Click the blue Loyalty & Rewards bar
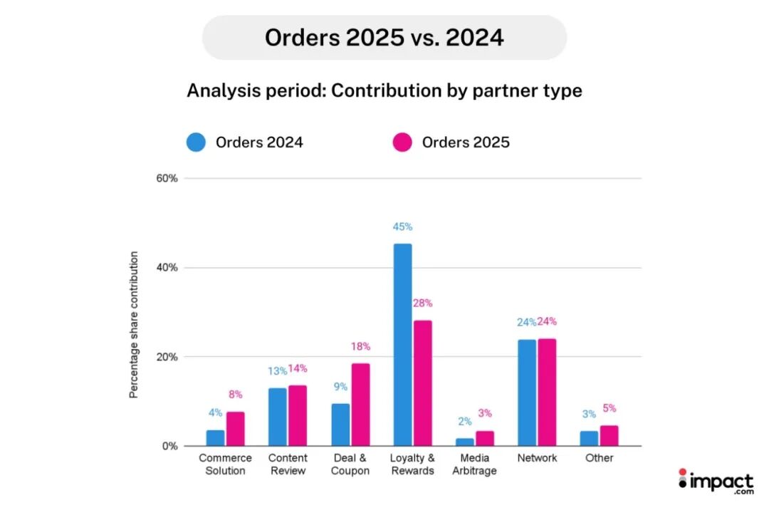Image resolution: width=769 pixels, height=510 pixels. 402,345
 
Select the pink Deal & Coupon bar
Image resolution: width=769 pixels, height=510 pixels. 360,405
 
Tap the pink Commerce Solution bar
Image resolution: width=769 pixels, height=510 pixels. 236,429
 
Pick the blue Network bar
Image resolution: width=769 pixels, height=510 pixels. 527,392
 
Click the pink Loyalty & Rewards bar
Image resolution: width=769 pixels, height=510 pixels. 423,383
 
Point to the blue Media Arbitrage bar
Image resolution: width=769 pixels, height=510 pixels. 465,442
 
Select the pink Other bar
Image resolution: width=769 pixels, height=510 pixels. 610,435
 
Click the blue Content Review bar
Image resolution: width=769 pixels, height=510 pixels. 278,417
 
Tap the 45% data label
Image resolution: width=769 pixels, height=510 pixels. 402,227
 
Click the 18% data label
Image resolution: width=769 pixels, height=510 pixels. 361,347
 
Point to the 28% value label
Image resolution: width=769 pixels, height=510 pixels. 423,303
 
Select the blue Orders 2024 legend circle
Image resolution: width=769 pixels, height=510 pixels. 196,142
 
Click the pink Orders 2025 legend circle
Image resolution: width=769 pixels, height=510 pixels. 402,142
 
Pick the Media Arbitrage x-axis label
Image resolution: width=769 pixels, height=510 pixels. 475,464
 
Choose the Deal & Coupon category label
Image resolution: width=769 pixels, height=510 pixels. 350,464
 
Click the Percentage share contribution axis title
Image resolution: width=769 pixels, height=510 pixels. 134,324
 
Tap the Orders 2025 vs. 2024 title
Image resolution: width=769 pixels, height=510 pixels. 384,37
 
